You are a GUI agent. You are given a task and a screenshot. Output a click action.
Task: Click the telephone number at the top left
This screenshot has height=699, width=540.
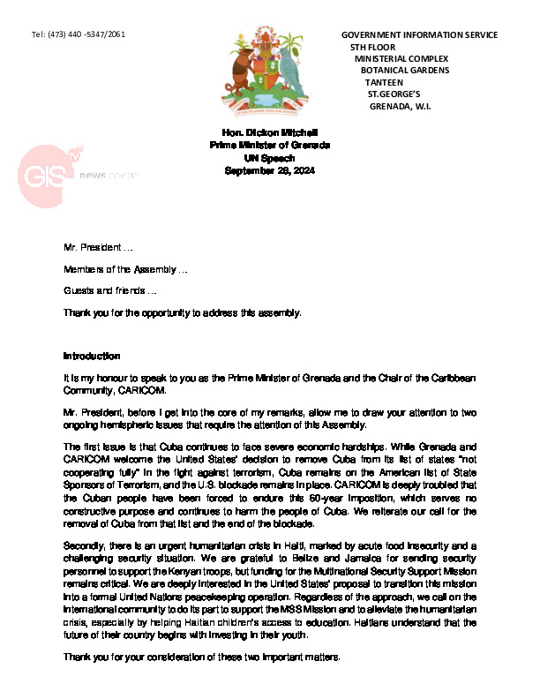78,34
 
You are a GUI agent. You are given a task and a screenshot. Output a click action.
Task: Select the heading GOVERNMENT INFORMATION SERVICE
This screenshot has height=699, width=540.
419,35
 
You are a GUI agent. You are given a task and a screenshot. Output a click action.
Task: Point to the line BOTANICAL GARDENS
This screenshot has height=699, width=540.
405,70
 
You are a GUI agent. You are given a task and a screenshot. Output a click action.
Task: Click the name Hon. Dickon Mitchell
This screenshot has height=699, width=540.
270,132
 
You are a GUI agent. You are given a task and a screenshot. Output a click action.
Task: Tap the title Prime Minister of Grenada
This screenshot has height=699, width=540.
270,144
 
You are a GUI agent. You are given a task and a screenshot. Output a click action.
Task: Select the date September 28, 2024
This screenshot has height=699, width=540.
270,169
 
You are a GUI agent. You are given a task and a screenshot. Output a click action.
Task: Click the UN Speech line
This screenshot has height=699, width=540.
270,157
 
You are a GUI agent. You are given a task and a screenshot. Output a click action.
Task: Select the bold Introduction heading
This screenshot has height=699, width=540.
92,356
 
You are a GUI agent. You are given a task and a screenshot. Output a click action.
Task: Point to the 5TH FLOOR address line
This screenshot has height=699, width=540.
372,47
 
